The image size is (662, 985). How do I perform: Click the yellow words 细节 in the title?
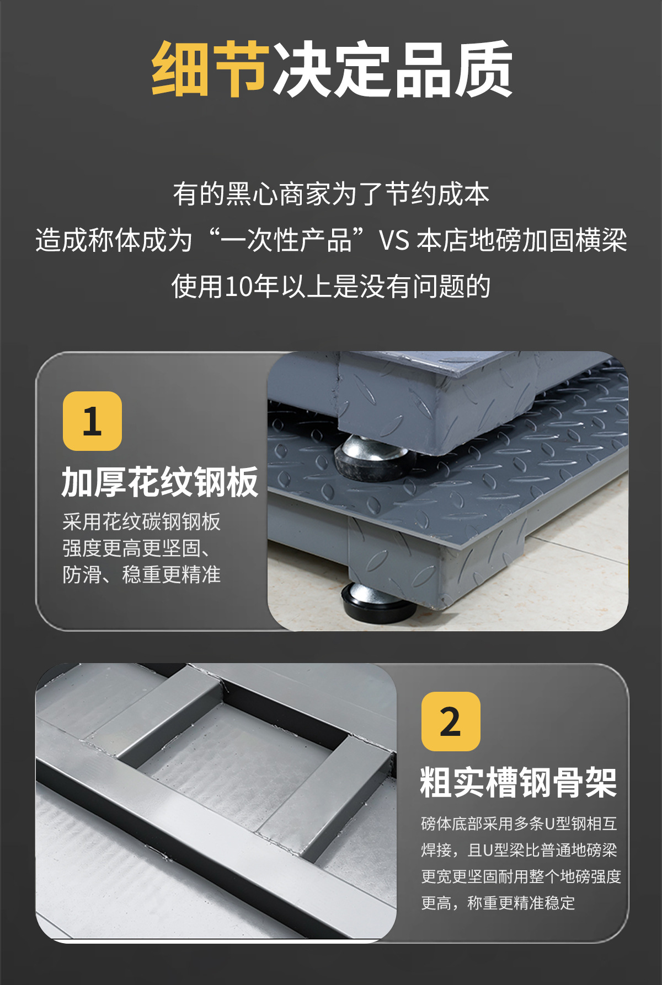211,69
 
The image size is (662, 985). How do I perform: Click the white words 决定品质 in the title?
393,69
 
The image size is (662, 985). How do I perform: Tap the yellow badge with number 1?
92,421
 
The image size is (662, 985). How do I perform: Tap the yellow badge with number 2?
451,722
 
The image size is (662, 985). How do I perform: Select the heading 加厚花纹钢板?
160,482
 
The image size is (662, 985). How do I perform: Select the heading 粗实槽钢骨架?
519,783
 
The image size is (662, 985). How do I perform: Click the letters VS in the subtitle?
394,241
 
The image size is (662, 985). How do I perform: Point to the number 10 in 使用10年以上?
238,287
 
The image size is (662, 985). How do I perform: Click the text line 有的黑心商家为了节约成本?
331,195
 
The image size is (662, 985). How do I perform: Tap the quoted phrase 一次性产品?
286,241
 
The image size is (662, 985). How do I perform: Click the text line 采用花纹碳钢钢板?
141,522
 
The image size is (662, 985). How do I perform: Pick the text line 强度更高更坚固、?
136,548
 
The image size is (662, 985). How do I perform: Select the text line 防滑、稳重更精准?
141,575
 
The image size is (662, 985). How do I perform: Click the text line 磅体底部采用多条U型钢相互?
519,823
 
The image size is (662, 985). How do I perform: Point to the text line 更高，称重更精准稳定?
498,903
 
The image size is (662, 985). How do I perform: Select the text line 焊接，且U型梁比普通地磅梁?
519,850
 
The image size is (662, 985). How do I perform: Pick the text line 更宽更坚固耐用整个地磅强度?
521,876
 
